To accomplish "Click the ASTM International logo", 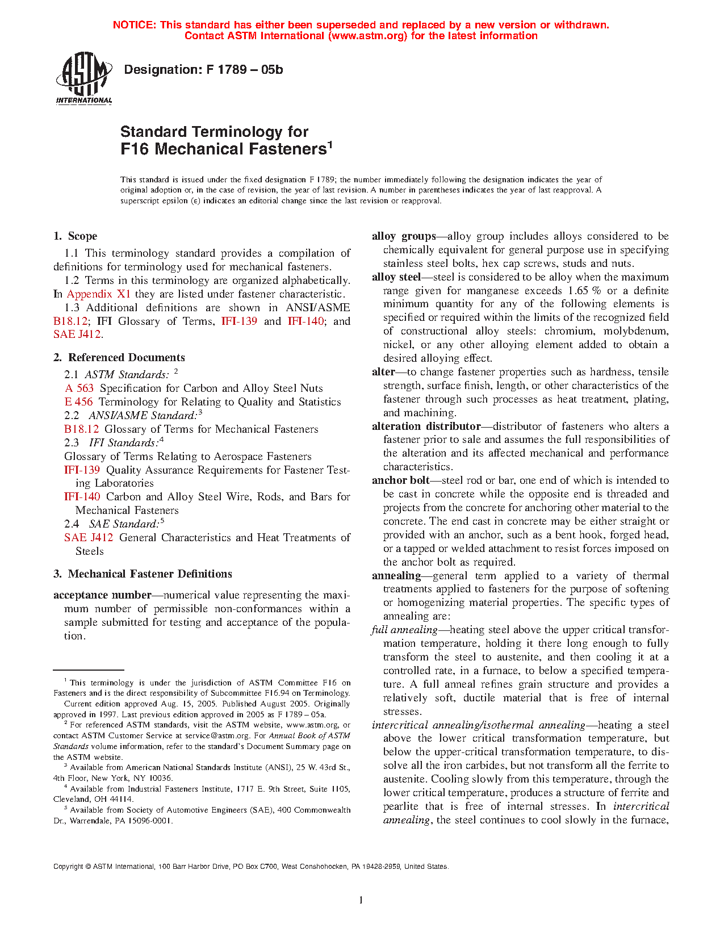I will coord(84,78).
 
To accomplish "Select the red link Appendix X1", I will coord(99,294).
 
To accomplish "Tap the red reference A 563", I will coord(79,388).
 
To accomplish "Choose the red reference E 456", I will coord(78,402).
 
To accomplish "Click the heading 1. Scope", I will coord(76,236).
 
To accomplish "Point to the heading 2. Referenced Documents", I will coord(119,358).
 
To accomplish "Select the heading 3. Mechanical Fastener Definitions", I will coord(143,574).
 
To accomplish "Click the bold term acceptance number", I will coord(102,595).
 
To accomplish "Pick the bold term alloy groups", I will coord(404,236).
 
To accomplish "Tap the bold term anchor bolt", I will coord(400,480).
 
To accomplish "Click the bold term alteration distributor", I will coord(426,426).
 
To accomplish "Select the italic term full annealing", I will coord(404,630).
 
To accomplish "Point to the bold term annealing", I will coord(396,576).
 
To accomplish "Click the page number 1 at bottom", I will coord(361,900).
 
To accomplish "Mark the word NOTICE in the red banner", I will coord(134,25).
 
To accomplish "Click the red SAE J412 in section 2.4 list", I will coord(89,538).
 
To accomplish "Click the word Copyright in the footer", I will coord(68,867).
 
